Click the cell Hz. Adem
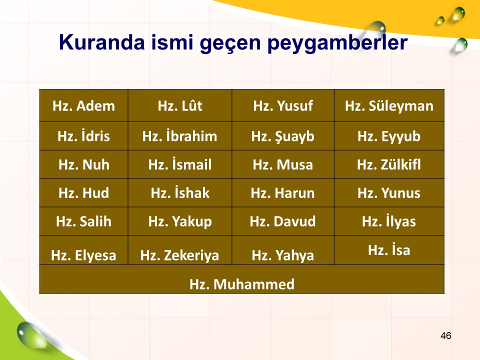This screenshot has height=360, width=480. pos(83,105)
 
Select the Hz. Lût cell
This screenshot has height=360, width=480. pos(180,105)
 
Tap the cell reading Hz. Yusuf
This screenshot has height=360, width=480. pos(283,105)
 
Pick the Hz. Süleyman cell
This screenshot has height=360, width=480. pos(389,105)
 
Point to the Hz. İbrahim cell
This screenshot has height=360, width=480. pos(180,136)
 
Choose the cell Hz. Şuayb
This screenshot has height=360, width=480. pos(283,136)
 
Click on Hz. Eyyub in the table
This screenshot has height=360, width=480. pos(389,136)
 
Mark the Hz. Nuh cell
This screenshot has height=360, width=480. pos(83,164)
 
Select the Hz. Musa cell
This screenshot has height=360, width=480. pos(283,164)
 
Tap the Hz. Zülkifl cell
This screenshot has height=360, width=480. pos(389,164)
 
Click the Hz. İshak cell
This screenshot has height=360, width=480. pos(180,193)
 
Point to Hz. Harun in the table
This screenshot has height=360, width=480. pos(283,193)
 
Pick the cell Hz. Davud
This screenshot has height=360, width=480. pos(283,221)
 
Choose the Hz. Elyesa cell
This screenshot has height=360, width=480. pos(83,250)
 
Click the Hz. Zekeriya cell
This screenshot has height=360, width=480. pos(180,250)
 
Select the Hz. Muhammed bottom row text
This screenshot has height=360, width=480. pos(242,284)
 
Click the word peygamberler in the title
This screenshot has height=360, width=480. pos(337,43)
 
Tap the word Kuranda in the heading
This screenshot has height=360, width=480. pos(101,42)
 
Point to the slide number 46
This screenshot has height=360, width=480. pos(445,335)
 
